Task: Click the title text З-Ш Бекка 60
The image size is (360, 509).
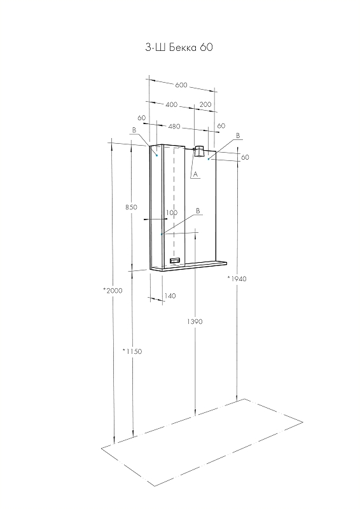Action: point(179,47)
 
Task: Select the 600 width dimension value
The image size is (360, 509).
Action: point(181,85)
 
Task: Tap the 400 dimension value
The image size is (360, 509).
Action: point(171,104)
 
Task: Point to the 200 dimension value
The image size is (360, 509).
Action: point(205,104)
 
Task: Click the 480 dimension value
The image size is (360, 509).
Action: point(174,126)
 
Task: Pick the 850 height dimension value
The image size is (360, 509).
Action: point(131,207)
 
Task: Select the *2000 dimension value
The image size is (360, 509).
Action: point(113,291)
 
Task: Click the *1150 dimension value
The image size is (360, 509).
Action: point(132,351)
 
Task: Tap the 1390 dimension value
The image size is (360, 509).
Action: point(195,321)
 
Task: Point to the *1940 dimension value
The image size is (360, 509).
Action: point(237,279)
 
